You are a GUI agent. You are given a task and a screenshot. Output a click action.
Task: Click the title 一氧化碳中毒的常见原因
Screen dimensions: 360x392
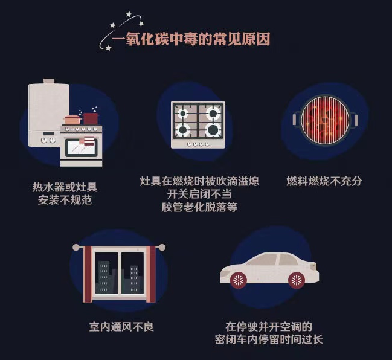191,40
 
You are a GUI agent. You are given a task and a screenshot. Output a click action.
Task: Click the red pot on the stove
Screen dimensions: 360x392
91,118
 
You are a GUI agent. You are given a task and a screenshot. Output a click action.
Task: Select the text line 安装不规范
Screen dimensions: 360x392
65,200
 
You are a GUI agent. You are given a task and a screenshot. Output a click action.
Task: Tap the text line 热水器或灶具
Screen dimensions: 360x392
65,187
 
